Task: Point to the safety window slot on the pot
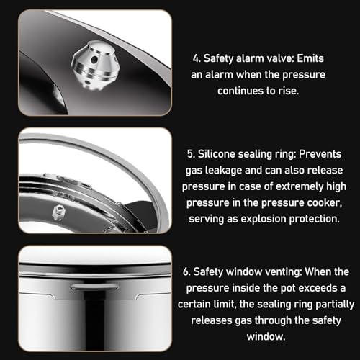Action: click(x=95, y=287)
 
